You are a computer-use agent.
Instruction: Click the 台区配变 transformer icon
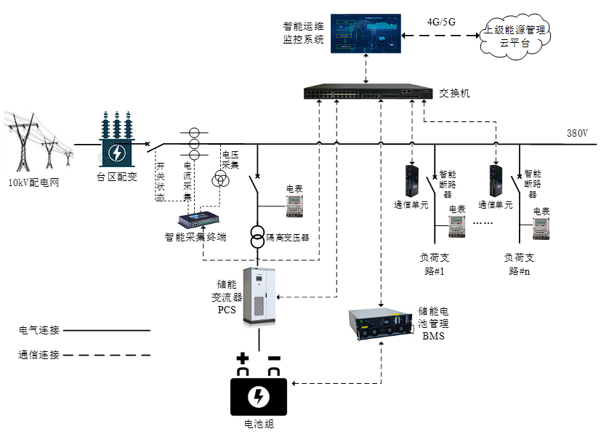(116, 140)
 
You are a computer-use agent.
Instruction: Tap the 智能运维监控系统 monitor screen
(366, 34)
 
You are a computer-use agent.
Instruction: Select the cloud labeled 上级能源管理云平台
(515, 37)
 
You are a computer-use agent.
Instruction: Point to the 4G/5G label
(441, 21)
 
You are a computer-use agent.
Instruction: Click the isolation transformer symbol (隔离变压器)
(257, 237)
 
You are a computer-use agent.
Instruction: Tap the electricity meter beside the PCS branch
(294, 206)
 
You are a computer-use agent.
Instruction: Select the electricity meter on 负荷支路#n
(541, 228)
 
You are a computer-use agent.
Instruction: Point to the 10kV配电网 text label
(33, 182)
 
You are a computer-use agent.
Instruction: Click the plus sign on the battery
(243, 358)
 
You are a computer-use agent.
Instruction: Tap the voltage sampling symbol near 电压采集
(219, 179)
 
